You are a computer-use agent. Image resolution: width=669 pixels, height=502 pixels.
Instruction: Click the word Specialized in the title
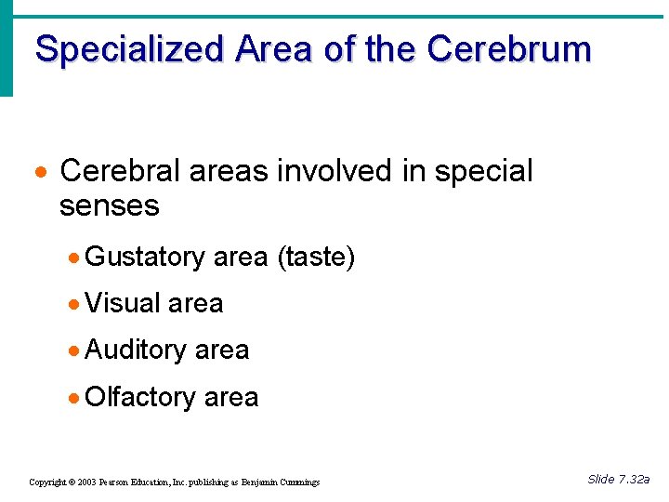click(x=129, y=49)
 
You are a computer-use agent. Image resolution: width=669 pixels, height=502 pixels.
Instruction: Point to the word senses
click(x=109, y=205)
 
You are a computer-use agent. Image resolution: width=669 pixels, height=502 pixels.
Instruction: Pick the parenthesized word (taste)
click(x=316, y=258)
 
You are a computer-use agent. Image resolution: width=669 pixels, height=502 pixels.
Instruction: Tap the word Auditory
click(x=136, y=350)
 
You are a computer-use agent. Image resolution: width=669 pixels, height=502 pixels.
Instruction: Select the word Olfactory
click(x=139, y=397)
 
